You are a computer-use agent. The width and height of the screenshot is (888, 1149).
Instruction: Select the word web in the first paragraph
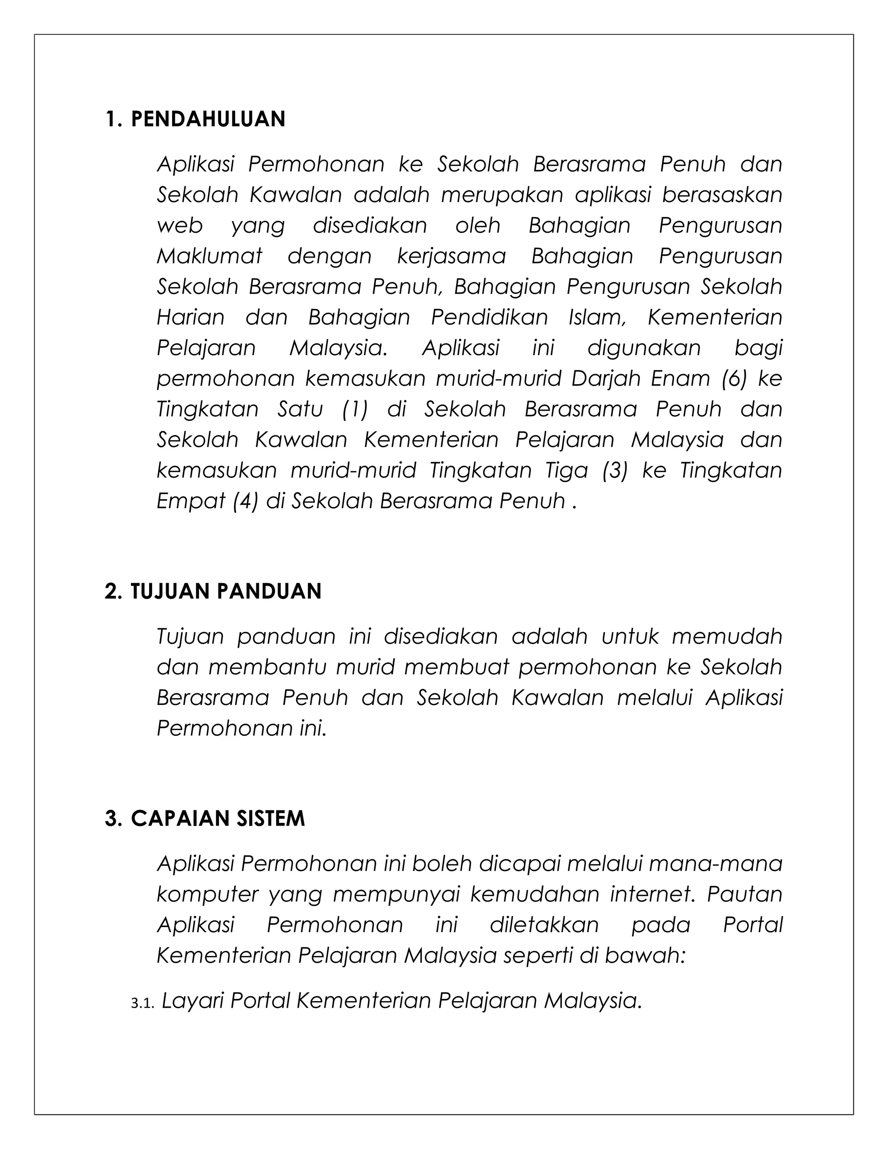(180, 226)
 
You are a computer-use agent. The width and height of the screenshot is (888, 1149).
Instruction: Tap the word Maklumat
(209, 256)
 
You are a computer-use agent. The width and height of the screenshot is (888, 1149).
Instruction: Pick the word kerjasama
(451, 256)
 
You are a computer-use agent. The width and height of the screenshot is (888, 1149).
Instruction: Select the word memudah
(727, 637)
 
